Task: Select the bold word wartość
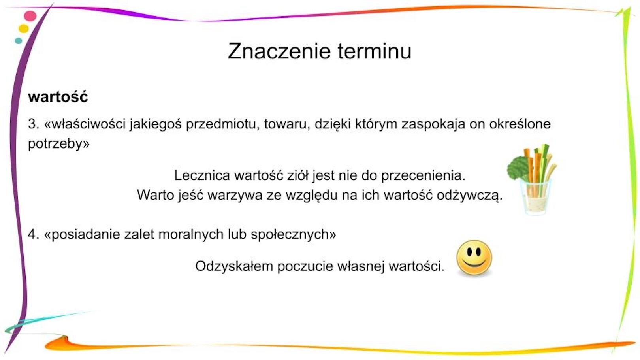(x=58, y=97)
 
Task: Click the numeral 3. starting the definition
(x=34, y=124)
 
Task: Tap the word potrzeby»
(x=58, y=143)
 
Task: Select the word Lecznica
(x=202, y=175)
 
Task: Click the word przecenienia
(x=423, y=175)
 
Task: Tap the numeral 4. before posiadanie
(x=34, y=234)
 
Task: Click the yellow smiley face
(x=474, y=258)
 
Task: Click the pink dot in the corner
(x=30, y=16)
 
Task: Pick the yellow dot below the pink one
(x=24, y=28)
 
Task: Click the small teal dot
(x=18, y=41)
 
